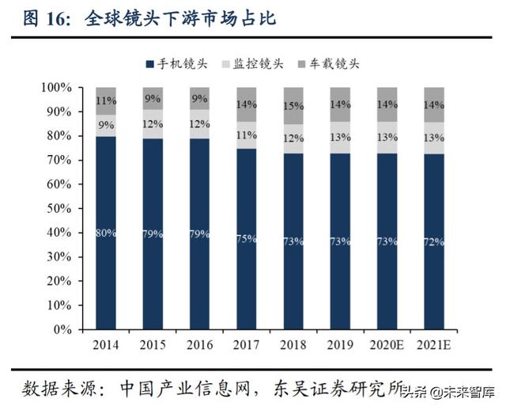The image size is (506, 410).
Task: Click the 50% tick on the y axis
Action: click(59, 208)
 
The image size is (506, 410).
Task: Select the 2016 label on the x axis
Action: click(199, 344)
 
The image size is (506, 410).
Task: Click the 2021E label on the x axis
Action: click(434, 344)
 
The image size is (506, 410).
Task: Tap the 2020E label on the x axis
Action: click(387, 344)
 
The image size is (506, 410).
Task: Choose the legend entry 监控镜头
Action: click(258, 63)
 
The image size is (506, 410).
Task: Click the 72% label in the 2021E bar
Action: click(434, 241)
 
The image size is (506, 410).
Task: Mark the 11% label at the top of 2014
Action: click(105, 101)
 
